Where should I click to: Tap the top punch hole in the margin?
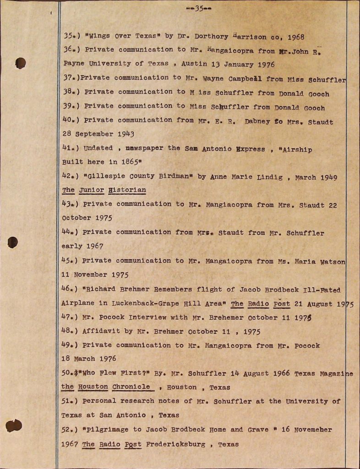[x=20, y=63]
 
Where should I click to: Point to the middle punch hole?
[x=13, y=242]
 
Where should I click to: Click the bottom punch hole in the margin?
[x=14, y=425]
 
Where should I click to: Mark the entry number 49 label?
[x=69, y=345]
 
